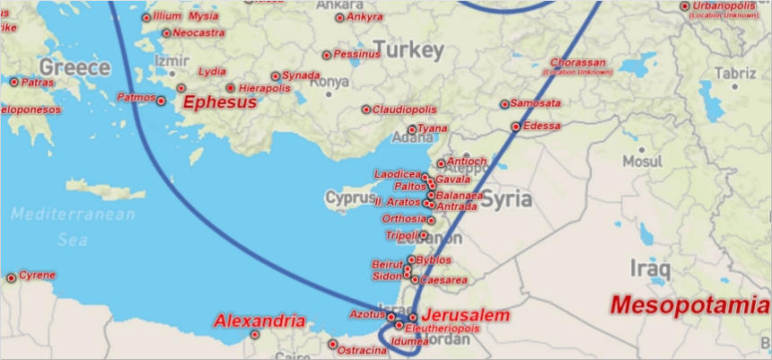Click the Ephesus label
click(x=220, y=102)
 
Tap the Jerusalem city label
click(x=465, y=316)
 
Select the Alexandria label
click(x=259, y=320)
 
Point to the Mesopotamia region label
click(x=689, y=305)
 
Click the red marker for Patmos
click(x=162, y=101)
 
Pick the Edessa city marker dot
click(x=515, y=127)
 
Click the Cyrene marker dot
click(x=11, y=278)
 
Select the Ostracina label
click(x=363, y=349)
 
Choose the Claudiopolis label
click(x=405, y=109)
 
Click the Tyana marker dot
click(x=412, y=129)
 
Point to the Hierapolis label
click(x=264, y=89)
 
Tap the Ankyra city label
click(x=364, y=16)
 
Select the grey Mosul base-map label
click(x=642, y=162)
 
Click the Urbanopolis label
click(x=724, y=6)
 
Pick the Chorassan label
click(x=579, y=63)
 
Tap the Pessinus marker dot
click(x=327, y=55)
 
